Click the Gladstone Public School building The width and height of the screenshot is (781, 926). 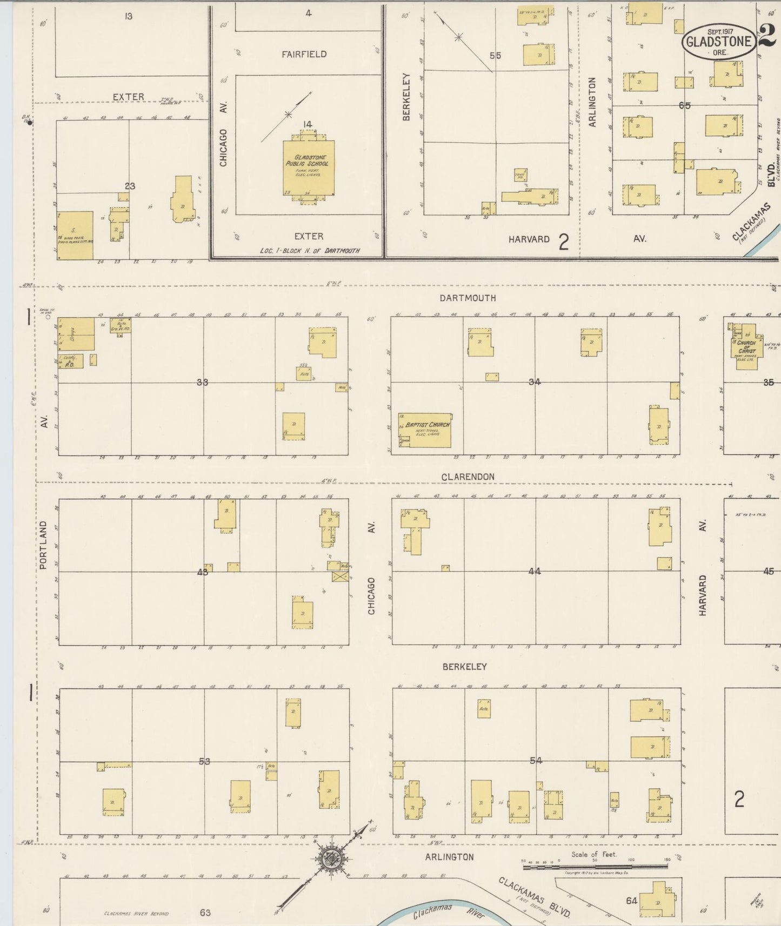[308, 168]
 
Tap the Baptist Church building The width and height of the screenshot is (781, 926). [424, 431]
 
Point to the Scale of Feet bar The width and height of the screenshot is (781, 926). [595, 867]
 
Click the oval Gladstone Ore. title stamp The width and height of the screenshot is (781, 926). [718, 42]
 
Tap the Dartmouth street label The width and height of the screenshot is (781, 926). [468, 298]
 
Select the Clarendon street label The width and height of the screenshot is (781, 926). [468, 477]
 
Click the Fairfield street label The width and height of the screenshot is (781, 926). [304, 54]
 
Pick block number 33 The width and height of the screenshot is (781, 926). [203, 382]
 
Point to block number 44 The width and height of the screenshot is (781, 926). [535, 571]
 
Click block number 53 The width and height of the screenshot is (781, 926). [204, 761]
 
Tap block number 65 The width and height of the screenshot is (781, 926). [685, 105]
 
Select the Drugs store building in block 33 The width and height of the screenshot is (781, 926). [76, 333]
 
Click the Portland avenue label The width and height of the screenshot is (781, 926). [43, 545]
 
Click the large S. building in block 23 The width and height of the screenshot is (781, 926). [75, 235]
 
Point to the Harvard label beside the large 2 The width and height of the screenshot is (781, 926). [529, 239]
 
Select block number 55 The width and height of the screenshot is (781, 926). [495, 56]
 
